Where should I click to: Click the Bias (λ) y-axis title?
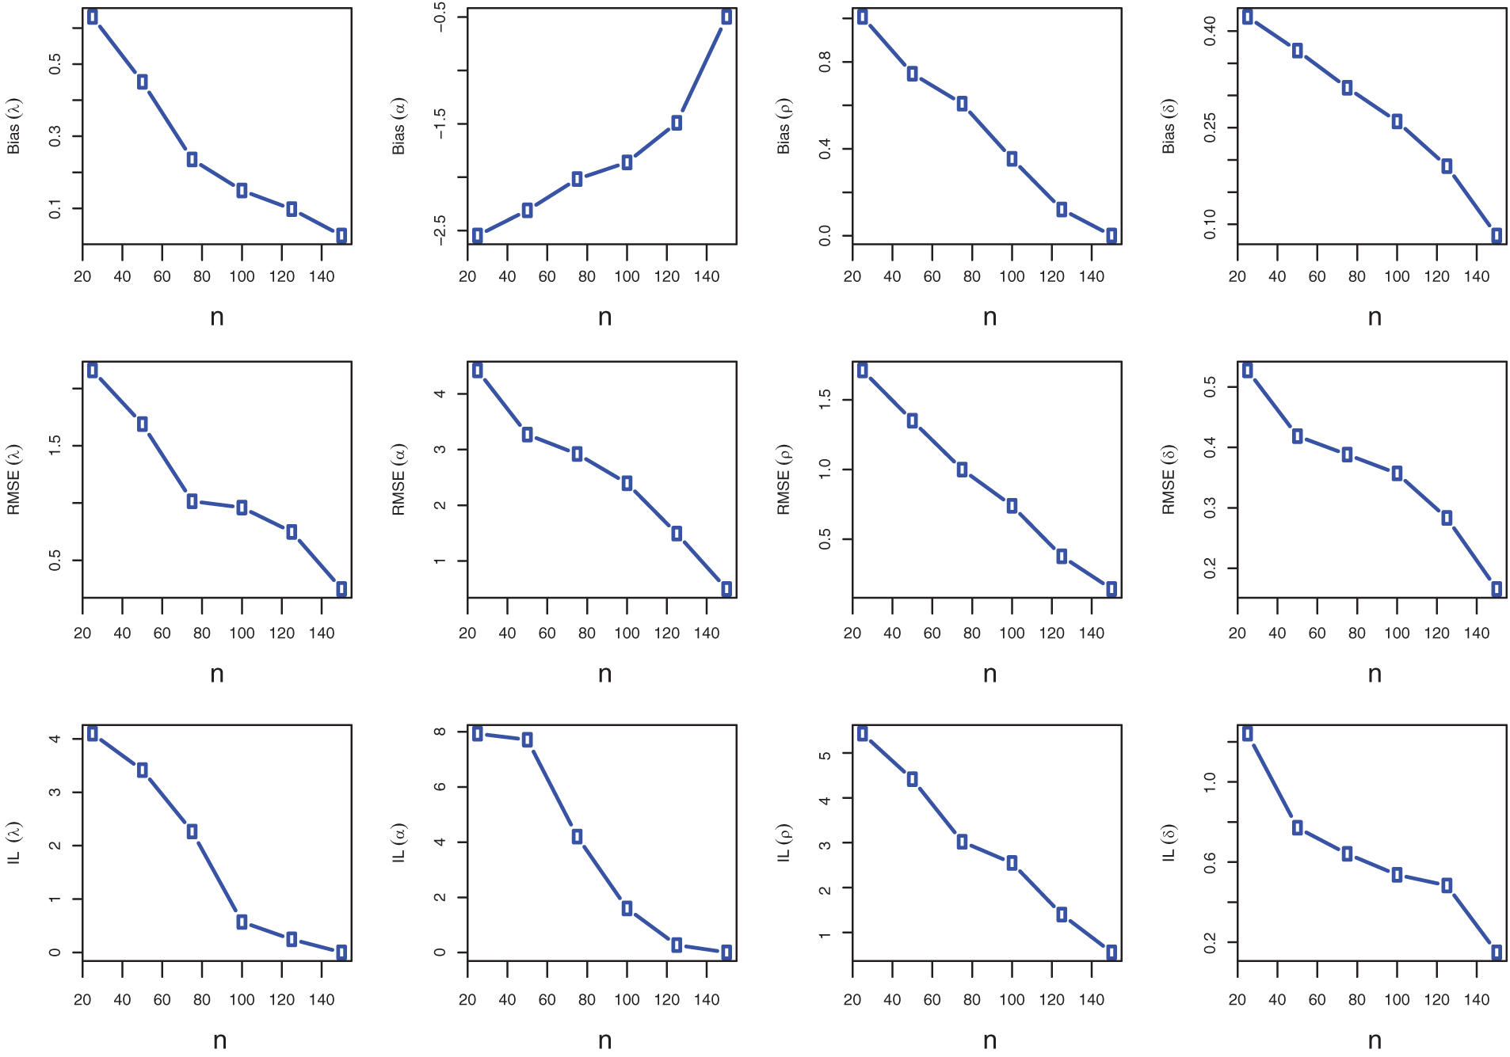click(13, 126)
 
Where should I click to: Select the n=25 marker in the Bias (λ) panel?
click(93, 17)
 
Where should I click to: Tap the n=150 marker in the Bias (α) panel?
click(726, 17)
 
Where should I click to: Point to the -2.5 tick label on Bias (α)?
click(440, 230)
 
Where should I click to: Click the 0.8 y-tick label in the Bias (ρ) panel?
click(826, 61)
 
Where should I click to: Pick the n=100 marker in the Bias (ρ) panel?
click(1012, 159)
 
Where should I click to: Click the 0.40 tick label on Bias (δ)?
click(1211, 32)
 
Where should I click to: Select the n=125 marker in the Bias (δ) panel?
click(1447, 166)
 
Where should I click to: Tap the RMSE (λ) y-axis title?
click(13, 480)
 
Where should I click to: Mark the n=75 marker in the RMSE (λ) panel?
click(192, 501)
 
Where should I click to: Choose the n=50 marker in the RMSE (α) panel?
click(527, 435)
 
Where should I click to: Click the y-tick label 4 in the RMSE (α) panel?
click(440, 394)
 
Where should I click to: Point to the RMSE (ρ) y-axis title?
click(784, 480)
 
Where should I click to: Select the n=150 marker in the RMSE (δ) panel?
click(1497, 589)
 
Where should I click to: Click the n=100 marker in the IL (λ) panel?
click(242, 922)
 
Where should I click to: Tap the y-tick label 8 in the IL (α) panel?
click(440, 732)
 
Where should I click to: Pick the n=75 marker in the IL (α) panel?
click(577, 837)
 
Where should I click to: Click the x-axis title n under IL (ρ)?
click(990, 1040)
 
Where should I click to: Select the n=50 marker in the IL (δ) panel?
click(1298, 827)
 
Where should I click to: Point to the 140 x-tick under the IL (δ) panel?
click(1477, 1000)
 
